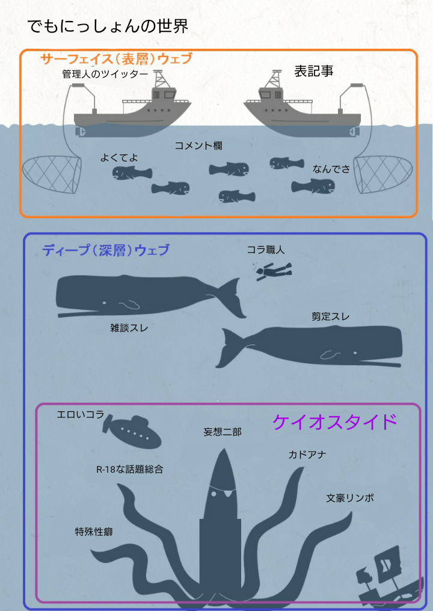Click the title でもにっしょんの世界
click(108, 26)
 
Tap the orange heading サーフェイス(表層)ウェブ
click(116, 59)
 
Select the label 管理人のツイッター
click(105, 74)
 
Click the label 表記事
click(313, 71)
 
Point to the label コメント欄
click(198, 146)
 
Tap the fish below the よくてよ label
click(132, 173)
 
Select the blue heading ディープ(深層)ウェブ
click(106, 250)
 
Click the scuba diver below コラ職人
click(273, 271)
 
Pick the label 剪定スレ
click(330, 316)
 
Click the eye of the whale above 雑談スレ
click(105, 302)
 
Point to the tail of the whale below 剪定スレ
click(230, 348)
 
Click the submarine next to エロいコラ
click(132, 432)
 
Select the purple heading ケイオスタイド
click(334, 422)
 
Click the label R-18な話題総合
click(130, 469)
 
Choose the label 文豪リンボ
click(349, 498)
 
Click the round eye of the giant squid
click(213, 494)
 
